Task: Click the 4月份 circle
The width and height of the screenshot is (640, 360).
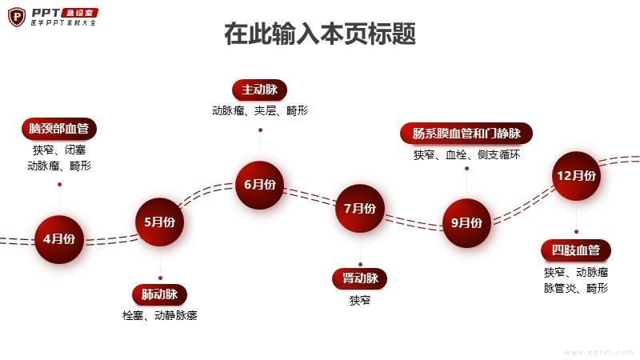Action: point(59,239)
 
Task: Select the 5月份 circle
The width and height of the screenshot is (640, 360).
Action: point(159,222)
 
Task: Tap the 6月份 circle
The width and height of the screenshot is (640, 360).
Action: point(259,185)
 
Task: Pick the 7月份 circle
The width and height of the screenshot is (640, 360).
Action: point(359,209)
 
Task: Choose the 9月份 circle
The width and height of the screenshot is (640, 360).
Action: point(467,223)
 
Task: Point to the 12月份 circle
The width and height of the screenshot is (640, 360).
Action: point(576,176)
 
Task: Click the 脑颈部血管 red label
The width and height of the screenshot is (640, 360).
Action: point(59,129)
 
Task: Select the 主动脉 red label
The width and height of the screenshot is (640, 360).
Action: point(259,90)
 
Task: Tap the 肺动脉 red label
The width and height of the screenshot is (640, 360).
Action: point(159,294)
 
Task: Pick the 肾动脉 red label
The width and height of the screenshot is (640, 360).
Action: point(360,278)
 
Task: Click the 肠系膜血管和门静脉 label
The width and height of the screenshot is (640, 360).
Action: point(466,134)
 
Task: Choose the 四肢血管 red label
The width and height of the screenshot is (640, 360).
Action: point(576,250)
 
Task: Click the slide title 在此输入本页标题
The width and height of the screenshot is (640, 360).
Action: point(320,34)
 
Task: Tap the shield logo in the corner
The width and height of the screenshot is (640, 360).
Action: point(17,17)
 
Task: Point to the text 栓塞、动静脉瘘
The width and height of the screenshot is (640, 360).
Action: point(159,315)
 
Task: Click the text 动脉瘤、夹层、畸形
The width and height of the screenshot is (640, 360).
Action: point(260,110)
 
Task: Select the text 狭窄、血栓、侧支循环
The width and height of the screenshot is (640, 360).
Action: point(466,154)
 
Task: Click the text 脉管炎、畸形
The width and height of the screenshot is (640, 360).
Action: point(576,288)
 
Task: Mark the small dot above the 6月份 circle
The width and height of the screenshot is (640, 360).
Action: point(261,130)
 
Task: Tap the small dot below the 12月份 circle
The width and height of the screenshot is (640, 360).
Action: point(576,231)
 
